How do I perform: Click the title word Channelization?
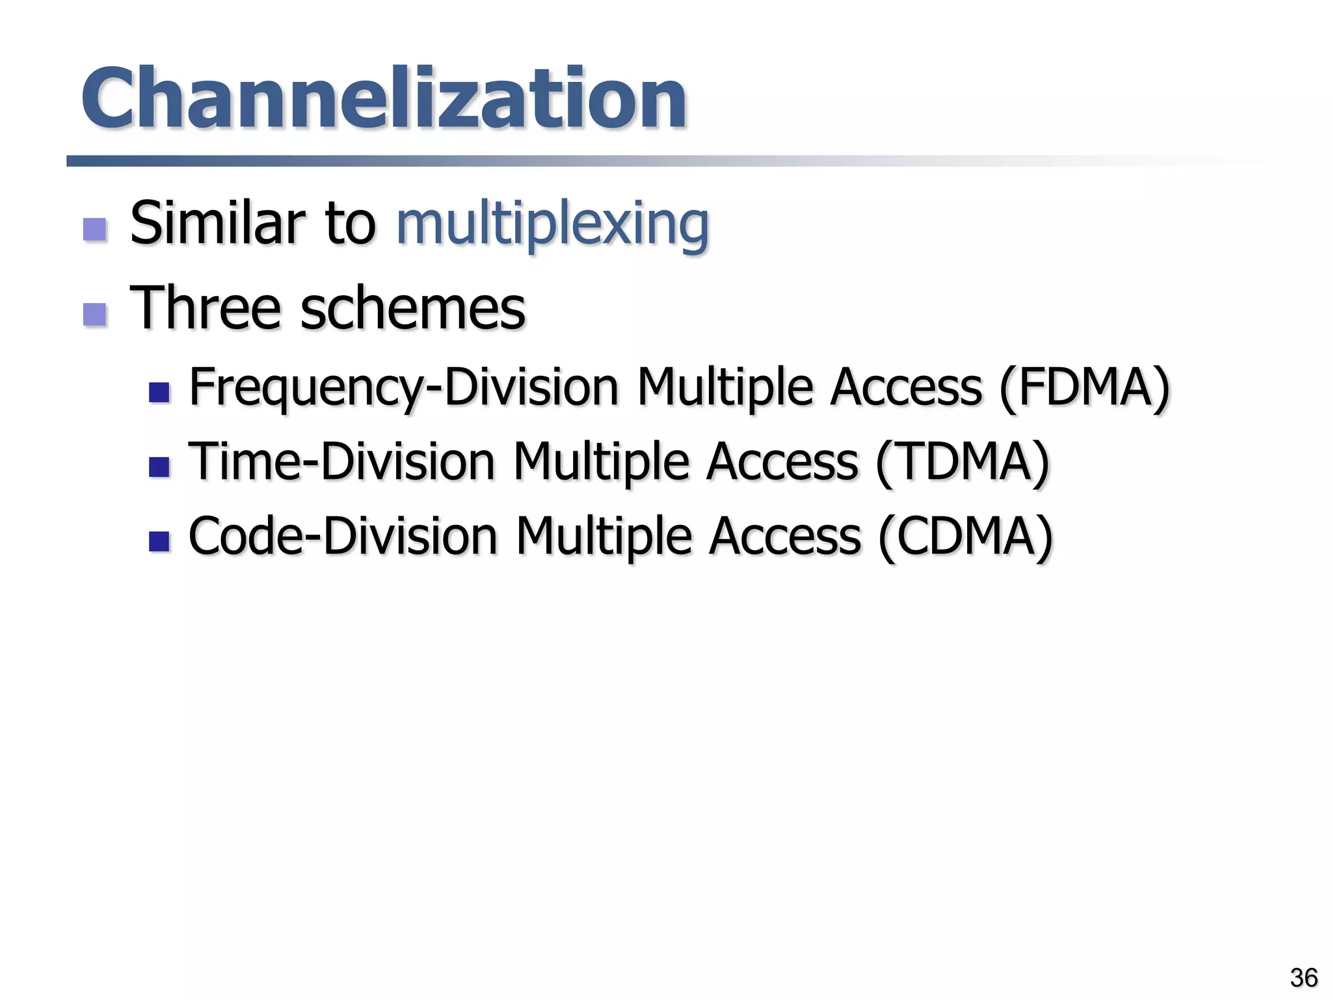384,99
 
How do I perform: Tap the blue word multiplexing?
552,224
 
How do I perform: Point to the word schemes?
412,309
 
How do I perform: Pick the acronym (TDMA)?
963,462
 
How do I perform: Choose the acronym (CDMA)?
965,537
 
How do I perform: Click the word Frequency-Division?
403,388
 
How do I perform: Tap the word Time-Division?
341,462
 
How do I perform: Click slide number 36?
1303,978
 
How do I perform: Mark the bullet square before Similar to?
95,229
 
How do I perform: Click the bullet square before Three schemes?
95,314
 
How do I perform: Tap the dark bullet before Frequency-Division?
159,392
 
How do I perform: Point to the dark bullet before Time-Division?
159,467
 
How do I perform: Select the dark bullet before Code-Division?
159,541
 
